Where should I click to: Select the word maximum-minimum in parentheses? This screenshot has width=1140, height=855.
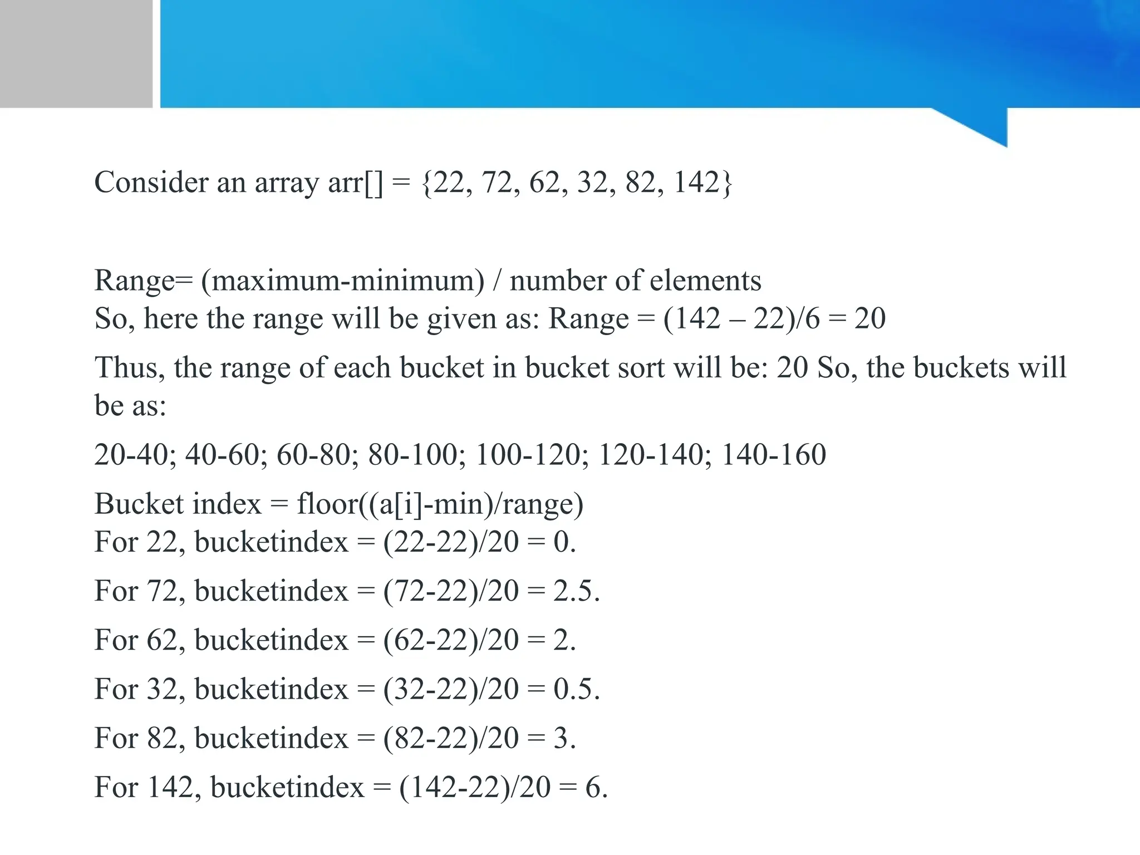(x=342, y=281)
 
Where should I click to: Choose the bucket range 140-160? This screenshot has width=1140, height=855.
(x=774, y=454)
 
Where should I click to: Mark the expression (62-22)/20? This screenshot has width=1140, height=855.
(x=451, y=640)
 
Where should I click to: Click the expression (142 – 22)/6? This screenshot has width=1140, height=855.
(x=741, y=319)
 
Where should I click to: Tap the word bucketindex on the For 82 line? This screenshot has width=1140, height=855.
(x=271, y=738)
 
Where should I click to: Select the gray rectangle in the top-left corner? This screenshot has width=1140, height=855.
(x=76, y=53)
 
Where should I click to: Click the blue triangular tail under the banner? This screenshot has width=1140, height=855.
(x=985, y=125)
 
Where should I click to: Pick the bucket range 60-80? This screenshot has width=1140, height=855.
(x=316, y=454)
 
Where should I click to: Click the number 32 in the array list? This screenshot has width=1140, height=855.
(x=592, y=182)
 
